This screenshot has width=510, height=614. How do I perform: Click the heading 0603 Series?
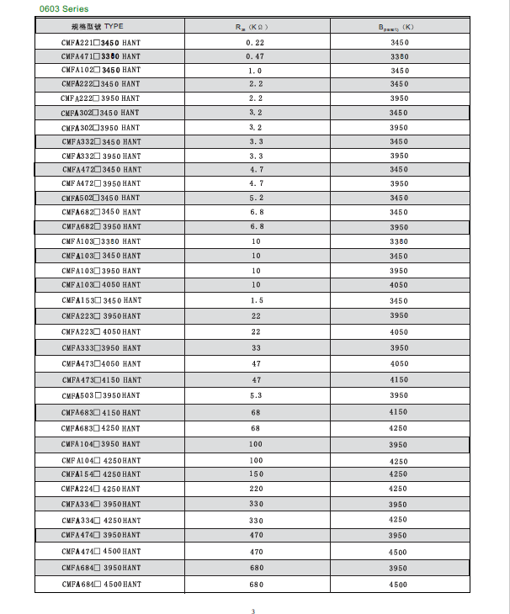63,9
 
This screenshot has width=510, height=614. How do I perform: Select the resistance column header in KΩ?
255,27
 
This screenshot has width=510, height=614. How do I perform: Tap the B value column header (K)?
399,27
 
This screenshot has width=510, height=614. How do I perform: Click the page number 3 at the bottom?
252,611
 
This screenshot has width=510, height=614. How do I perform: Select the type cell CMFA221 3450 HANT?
101,42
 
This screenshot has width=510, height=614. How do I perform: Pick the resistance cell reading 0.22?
255,42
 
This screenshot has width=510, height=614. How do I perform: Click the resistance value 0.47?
255,56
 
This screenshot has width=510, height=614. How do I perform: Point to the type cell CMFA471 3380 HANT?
101,56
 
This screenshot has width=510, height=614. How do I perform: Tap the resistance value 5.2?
255,198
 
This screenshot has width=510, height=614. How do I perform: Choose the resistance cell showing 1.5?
255,300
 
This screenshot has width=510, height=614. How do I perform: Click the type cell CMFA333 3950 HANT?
101,348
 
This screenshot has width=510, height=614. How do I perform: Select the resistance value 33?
255,348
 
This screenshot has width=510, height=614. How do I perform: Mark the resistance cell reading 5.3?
255,395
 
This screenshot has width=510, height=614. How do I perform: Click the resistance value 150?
255,474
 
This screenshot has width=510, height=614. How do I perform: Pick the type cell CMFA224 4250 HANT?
101,489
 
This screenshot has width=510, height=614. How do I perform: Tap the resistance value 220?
255,489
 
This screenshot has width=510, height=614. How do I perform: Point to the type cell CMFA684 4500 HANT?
101,585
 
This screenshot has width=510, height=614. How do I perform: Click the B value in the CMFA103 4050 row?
399,286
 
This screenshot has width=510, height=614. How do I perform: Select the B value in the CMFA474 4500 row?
399,552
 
